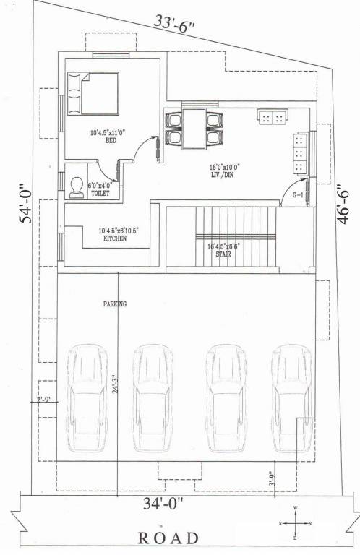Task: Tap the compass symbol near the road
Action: click(295, 522)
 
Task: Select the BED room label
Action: click(111, 141)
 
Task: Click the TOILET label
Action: click(100, 194)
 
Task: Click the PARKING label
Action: click(114, 304)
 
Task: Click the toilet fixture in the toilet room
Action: click(76, 188)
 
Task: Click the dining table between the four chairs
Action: click(194, 129)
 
